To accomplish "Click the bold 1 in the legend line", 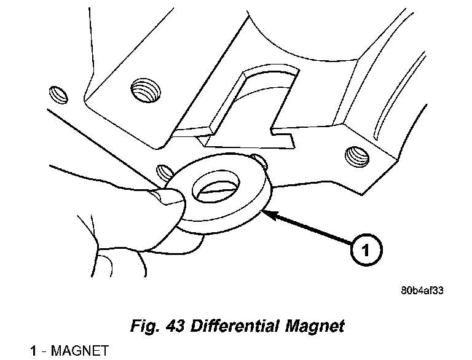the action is [34, 351].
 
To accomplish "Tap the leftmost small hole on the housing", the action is [57, 93].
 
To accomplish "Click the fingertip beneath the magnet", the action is [184, 240].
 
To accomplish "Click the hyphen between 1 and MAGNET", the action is [43, 351].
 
